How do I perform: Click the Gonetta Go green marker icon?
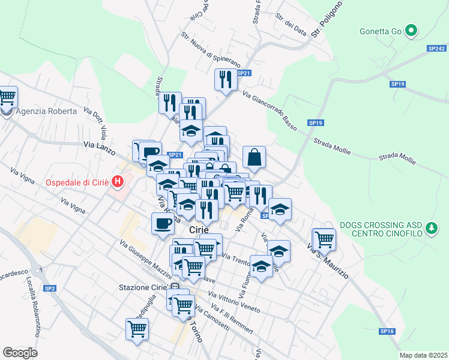click(411, 31)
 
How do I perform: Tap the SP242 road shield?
click(436, 48)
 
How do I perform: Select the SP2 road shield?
click(50, 289)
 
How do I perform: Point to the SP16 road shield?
click(387, 331)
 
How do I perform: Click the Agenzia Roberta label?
click(46, 111)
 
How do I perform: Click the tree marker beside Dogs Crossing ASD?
click(431, 228)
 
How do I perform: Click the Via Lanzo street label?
click(98, 145)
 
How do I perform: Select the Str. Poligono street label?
click(327, 20)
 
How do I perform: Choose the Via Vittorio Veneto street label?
click(234, 303)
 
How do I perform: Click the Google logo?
click(20, 353)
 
